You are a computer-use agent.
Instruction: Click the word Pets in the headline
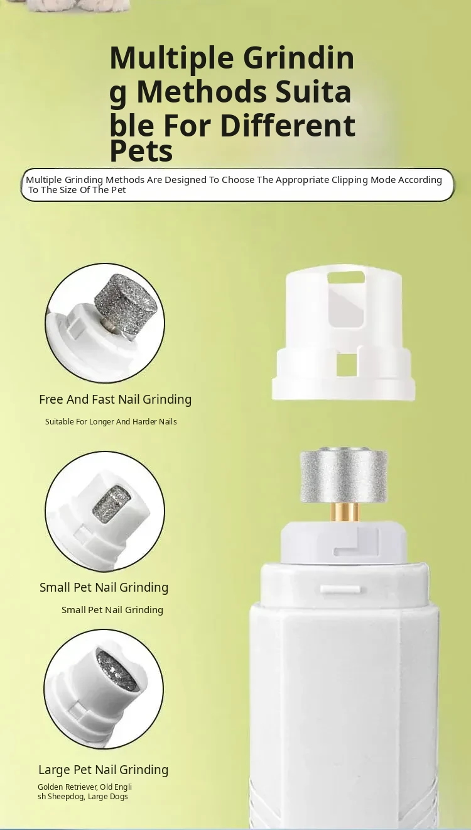coord(141,150)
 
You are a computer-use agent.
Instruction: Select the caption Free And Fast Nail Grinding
coord(116,399)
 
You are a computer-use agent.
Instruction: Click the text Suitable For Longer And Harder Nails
coord(111,422)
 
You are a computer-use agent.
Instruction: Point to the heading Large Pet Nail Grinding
coord(104,770)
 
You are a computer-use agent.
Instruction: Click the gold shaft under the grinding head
coord(344,512)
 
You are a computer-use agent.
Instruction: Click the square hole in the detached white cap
coord(346,364)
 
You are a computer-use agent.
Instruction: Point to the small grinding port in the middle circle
coord(112,503)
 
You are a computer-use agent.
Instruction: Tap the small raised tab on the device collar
coord(340,589)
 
